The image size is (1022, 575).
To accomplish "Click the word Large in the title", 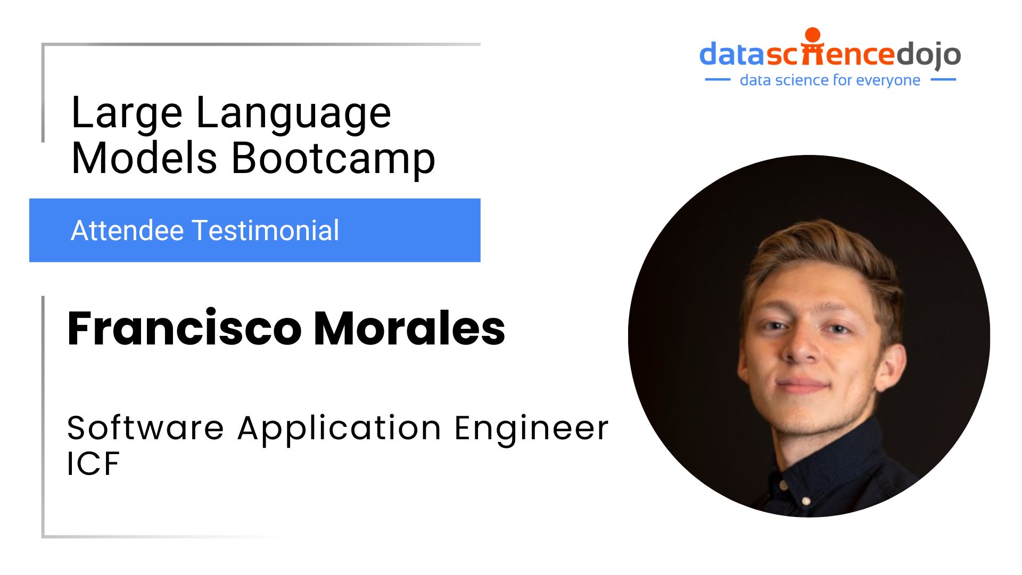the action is (x=127, y=113).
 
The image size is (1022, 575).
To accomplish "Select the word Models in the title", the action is (x=144, y=158).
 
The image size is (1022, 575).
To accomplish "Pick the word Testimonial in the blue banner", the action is (x=266, y=231).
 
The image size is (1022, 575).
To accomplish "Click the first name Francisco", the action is (x=185, y=328).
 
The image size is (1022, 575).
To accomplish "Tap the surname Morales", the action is (x=409, y=328).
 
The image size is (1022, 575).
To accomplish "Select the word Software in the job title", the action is (x=145, y=428).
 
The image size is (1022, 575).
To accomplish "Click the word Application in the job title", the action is (x=340, y=429).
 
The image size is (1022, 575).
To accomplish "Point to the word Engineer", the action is (x=531, y=429).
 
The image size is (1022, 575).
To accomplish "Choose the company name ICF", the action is (x=93, y=463).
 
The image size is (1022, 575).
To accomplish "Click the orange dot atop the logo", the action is (x=813, y=35).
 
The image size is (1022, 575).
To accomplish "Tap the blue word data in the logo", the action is (x=732, y=54).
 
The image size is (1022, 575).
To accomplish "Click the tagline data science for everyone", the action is (x=830, y=80).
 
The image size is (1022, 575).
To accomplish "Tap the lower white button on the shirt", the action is (x=806, y=501).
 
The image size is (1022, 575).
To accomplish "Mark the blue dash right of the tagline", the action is (x=943, y=80).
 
